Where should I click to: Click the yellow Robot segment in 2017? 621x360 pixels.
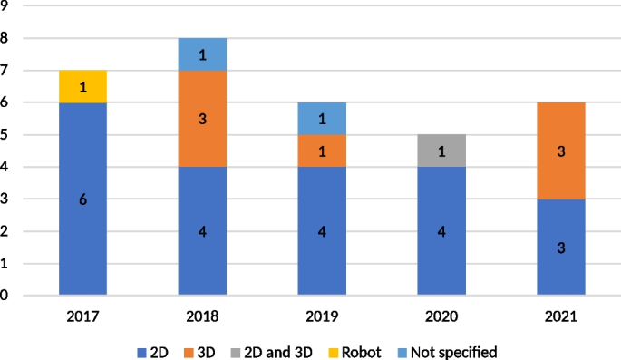click(82, 86)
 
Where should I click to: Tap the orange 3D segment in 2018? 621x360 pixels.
click(202, 118)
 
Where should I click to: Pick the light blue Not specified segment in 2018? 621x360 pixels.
click(202, 54)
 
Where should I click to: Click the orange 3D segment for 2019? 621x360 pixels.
click(322, 151)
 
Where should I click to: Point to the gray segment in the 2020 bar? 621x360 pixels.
click(441, 151)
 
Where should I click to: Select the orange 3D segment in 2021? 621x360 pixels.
click(561, 151)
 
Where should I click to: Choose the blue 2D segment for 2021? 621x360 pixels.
click(561, 247)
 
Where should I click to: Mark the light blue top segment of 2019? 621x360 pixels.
click(322, 119)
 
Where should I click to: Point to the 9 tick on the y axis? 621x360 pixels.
click(5, 7)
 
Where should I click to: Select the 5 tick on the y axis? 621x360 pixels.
click(5, 135)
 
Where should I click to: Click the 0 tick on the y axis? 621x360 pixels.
click(5, 296)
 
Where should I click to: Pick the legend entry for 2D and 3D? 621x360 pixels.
click(283, 351)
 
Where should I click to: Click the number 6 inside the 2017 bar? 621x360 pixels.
click(82, 199)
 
